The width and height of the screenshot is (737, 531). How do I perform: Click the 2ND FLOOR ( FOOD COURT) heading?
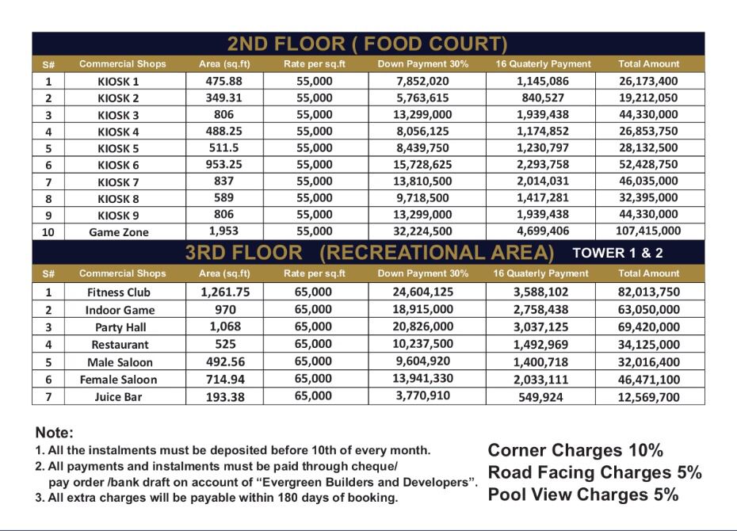[367, 44]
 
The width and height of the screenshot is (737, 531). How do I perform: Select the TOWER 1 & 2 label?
[618, 253]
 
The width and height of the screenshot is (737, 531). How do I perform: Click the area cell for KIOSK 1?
[225, 81]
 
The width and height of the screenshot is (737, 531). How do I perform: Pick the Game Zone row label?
[119, 232]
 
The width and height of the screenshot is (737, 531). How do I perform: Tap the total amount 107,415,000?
[648, 231]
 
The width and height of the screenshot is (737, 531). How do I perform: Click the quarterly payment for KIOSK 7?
[544, 181]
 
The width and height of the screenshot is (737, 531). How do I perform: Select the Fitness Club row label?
[118, 292]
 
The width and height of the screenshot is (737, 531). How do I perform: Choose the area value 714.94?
[225, 379]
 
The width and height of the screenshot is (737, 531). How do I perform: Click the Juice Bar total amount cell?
[648, 397]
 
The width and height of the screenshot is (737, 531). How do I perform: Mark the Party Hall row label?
[119, 327]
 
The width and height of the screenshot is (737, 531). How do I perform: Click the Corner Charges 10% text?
[575, 450]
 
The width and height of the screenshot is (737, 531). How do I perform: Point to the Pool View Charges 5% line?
[583, 495]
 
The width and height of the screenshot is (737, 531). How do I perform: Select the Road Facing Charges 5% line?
[594, 472]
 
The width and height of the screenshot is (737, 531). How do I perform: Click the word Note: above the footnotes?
[54, 433]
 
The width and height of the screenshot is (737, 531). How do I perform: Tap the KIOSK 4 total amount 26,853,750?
[648, 132]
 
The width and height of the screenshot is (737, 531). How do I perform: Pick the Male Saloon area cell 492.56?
[225, 361]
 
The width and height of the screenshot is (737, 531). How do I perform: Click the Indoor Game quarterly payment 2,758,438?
[544, 309]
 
